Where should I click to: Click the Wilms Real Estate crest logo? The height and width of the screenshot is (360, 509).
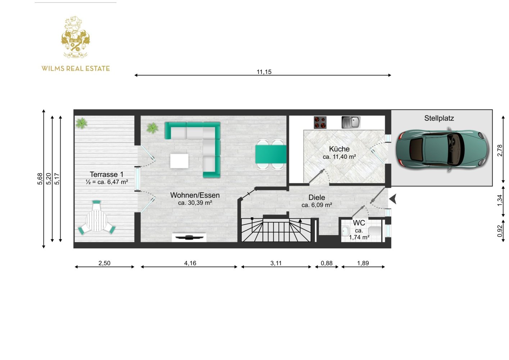[x=76, y=37]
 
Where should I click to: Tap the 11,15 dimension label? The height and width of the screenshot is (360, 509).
[x=264, y=72]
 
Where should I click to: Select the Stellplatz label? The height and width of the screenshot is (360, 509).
[x=439, y=118]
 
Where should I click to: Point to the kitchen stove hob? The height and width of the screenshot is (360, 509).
[x=320, y=122]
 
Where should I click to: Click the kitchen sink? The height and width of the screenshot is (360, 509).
[x=351, y=122]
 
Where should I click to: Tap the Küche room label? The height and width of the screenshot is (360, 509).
[x=339, y=149]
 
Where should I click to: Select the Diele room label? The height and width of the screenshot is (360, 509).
[x=317, y=197]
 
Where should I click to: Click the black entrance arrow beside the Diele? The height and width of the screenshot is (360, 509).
[x=393, y=199]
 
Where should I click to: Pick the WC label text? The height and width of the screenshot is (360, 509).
[x=359, y=223]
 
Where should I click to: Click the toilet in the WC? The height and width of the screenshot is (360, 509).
[x=374, y=231]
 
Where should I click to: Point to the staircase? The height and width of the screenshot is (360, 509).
[x=276, y=230]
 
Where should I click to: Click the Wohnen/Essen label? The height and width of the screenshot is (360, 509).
[x=195, y=195]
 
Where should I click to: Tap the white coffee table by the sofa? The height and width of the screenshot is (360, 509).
[x=179, y=161]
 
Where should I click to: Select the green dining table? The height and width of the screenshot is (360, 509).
[x=271, y=154]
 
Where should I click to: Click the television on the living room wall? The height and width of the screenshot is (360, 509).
[x=189, y=238]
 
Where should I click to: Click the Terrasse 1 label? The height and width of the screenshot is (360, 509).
[x=106, y=175]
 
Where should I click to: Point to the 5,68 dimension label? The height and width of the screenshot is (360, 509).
[x=40, y=179]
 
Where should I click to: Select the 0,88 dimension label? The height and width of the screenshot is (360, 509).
[x=327, y=263]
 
